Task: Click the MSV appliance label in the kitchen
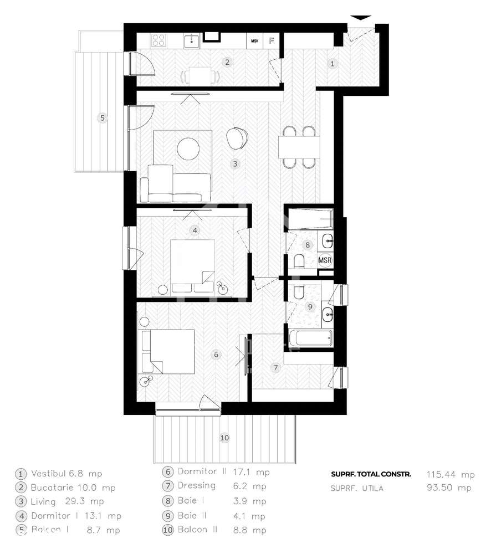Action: [x=255, y=41]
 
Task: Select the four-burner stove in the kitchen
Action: [x=159, y=40]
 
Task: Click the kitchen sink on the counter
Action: [x=192, y=40]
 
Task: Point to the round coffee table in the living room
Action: [x=187, y=147]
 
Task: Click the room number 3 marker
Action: [x=235, y=163]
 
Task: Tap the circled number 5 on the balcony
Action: [x=101, y=117]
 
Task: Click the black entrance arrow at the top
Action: [x=361, y=18]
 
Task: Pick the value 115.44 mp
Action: [x=450, y=474]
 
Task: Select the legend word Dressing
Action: [x=196, y=486]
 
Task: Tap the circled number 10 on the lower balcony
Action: [x=224, y=438]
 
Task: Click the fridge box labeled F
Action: [x=272, y=41]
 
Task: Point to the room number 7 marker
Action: [x=275, y=367]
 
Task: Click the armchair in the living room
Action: [x=238, y=138]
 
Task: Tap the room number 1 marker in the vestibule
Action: [x=332, y=64]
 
